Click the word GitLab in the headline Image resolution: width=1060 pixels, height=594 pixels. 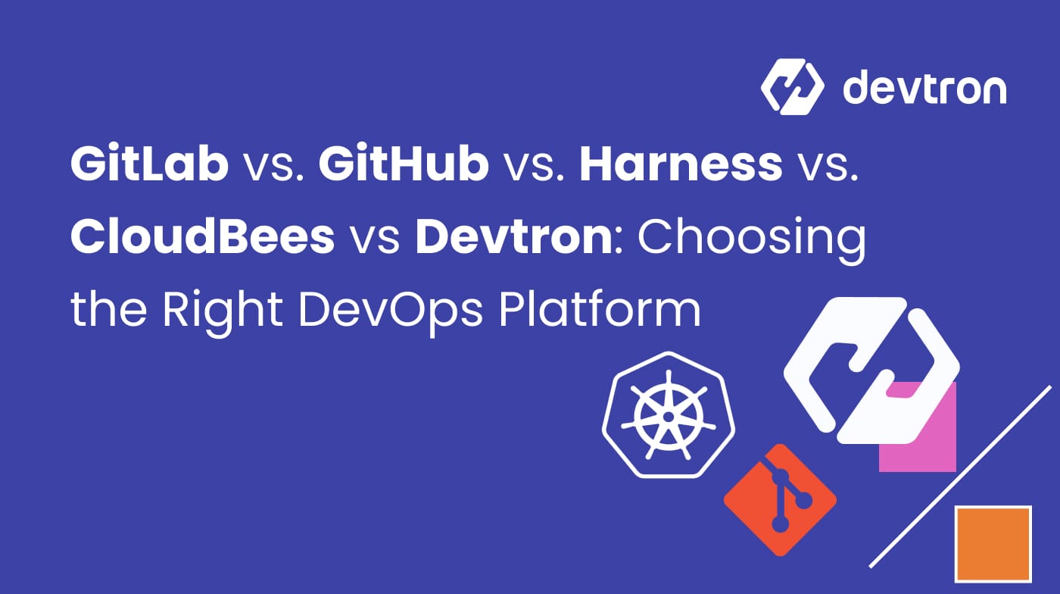tap(149, 164)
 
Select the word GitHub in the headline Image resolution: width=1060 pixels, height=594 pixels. tap(403, 164)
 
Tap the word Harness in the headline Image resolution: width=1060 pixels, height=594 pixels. tap(681, 164)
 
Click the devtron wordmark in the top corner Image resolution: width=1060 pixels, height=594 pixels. tap(924, 88)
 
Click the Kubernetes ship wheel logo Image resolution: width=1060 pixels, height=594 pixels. tap(668, 415)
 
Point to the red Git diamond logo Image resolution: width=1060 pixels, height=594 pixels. tap(780, 500)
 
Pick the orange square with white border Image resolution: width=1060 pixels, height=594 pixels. tap(993, 543)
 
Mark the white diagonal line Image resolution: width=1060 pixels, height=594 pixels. tap(960, 477)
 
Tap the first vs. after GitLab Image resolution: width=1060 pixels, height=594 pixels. tap(273, 167)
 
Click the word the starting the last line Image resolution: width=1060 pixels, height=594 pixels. tap(107, 310)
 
